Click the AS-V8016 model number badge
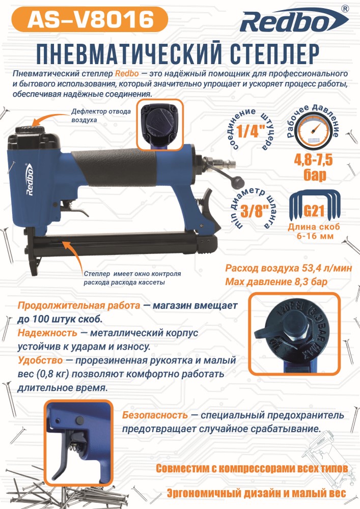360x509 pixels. click(x=90, y=19)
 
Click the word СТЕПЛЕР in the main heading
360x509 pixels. click(x=274, y=53)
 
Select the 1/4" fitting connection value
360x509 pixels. click(x=250, y=131)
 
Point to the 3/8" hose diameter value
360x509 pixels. click(x=252, y=211)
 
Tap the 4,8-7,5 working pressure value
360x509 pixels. click(x=313, y=160)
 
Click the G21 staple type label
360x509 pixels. click(x=314, y=211)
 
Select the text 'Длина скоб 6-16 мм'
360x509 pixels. click(x=314, y=231)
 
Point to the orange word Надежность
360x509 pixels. click(x=47, y=333)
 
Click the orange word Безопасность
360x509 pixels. click(x=155, y=415)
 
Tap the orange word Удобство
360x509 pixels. click(x=40, y=360)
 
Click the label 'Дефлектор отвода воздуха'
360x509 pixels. click(x=101, y=116)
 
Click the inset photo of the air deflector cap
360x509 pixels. click(x=160, y=125)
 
